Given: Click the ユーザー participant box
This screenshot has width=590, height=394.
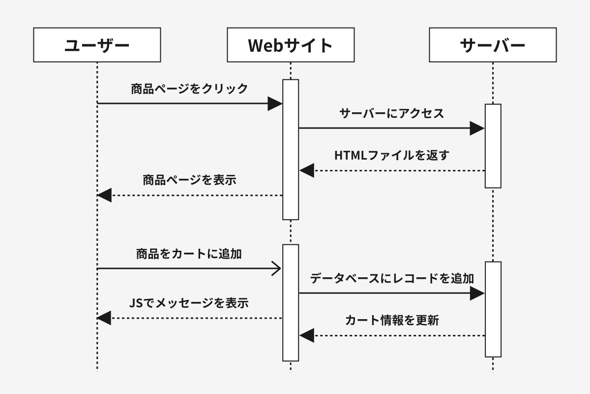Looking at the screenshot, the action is [x=97, y=45].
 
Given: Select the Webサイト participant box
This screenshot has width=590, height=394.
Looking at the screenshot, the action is [x=291, y=45].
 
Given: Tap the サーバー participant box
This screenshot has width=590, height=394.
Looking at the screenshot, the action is [x=493, y=45].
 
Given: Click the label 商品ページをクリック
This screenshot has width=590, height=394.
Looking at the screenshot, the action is [x=189, y=89].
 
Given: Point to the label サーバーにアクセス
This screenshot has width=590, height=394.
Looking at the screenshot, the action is [x=392, y=113].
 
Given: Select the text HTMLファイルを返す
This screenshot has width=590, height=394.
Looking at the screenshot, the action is [x=392, y=155].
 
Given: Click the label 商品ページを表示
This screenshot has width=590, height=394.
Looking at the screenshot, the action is [x=189, y=180].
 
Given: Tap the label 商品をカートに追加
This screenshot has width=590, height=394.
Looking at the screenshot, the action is [x=189, y=254].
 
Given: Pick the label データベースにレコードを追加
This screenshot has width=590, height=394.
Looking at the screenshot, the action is [x=392, y=278].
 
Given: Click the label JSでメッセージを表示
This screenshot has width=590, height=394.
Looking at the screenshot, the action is [x=189, y=303].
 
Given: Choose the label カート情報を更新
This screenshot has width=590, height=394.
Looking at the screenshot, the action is [x=392, y=321].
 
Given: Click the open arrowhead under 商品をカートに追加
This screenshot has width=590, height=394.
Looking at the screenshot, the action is [x=276, y=268].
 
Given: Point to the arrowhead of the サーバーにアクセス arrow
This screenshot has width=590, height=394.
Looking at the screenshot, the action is [x=477, y=129].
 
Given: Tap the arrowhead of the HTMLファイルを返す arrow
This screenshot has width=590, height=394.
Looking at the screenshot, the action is [x=307, y=170].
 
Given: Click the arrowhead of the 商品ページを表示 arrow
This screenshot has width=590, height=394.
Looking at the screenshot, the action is [x=104, y=196].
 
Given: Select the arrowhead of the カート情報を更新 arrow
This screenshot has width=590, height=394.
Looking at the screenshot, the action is [x=307, y=336].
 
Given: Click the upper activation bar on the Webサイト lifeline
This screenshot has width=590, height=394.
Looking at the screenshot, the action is [x=291, y=150].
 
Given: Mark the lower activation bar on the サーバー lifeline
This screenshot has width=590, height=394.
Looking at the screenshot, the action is [x=493, y=309].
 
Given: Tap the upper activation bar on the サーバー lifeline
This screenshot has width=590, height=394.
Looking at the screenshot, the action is [x=493, y=146].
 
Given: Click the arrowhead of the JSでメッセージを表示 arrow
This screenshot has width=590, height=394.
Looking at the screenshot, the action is [x=104, y=318].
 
